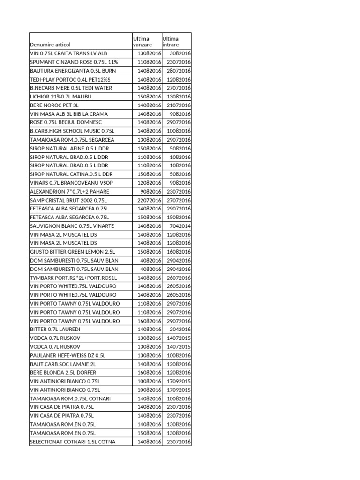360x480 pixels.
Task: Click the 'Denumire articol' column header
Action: pyautogui.click(x=50, y=45)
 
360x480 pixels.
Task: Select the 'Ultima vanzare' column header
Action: pyautogui.click(x=142, y=41)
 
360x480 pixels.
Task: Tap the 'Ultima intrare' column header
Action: pyautogui.click(x=171, y=41)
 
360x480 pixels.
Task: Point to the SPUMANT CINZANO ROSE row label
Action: pyautogui.click(x=74, y=62)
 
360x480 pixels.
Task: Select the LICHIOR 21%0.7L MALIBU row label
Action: pyautogui.click(x=61, y=97)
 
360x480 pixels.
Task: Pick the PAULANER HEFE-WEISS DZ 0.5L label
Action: pyautogui.click(x=68, y=355)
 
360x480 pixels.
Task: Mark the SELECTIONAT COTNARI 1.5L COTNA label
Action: pyautogui.click(x=73, y=442)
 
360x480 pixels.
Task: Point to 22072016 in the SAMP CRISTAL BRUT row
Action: pyautogui.click(x=149, y=200)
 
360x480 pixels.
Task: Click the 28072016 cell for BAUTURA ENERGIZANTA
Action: pyautogui.click(x=179, y=71)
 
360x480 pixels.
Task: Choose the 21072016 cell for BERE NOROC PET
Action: pyautogui.click(x=179, y=105)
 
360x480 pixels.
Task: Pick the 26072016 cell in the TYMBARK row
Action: pyautogui.click(x=179, y=277)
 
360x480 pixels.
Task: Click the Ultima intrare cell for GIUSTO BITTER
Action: pyautogui.click(x=179, y=252)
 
